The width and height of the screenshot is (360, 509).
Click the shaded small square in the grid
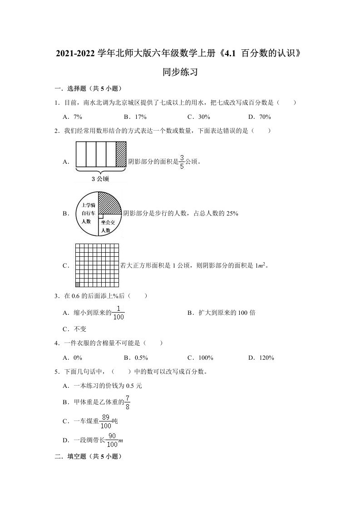(x=77, y=284)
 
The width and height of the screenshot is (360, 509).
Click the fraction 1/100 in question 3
(x=118, y=312)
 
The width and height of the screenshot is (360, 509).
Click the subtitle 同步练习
(x=179, y=72)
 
